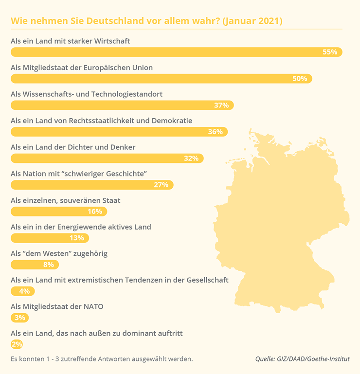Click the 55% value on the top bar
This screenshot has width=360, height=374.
(329, 52)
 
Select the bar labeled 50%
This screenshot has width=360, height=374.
(161, 79)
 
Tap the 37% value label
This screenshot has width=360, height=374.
(221, 105)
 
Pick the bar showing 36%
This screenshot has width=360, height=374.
(119, 132)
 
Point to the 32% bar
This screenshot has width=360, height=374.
(107, 158)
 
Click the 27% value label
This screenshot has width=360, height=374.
(161, 185)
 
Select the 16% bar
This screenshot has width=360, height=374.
(58, 212)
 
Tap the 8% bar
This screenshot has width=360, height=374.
(35, 265)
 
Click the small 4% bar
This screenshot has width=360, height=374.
(22, 291)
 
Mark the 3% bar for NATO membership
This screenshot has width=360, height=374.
(19, 318)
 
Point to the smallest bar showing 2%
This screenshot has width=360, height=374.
(17, 344)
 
